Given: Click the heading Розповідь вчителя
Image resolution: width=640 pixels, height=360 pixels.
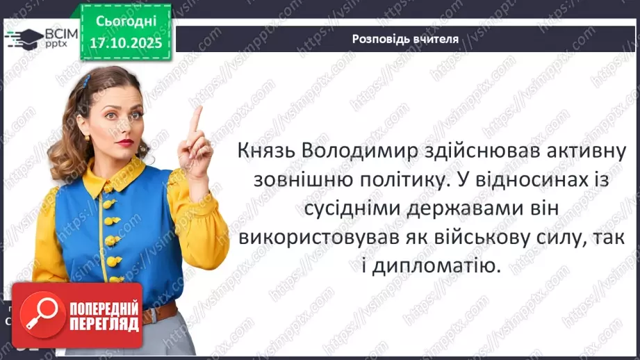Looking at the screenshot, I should (x=405, y=39).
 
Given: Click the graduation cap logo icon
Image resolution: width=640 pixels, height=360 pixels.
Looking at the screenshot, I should (x=21, y=37).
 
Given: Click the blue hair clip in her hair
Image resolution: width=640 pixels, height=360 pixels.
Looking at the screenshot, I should (x=85, y=81).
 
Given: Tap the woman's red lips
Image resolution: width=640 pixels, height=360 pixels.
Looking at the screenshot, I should (x=125, y=142).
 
